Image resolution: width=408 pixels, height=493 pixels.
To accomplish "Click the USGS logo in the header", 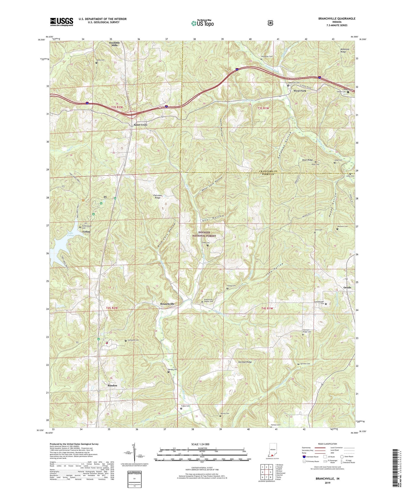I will point(62,22).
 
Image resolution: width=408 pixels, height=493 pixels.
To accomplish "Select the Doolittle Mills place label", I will point(115,44).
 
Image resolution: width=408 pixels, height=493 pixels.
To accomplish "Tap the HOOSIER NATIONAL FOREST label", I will point(204,234).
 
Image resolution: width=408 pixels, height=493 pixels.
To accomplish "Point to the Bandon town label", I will point(112,385).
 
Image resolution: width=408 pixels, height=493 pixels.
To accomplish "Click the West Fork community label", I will point(300,91).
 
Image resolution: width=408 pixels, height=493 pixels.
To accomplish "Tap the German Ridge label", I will point(245,362).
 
